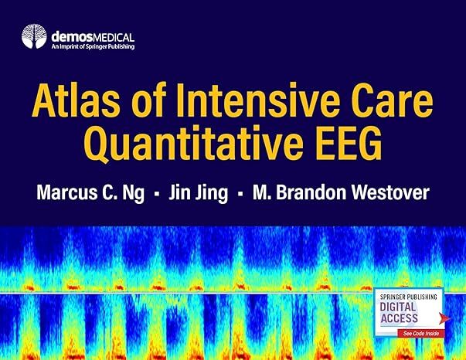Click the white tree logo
coord(34,36)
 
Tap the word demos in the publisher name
coord(72,37)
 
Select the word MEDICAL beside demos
coord(114,38)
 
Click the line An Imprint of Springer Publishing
coord(93,46)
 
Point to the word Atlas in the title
coord(76,100)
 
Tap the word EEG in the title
coord(349,143)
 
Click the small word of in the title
coord(148,100)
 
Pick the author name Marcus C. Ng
coord(90,192)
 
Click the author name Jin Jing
coord(199,192)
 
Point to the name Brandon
coord(311,192)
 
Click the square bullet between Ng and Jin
coord(157,194)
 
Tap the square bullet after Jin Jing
coord(240,194)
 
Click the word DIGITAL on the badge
coord(398,307)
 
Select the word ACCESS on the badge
coord(399,318)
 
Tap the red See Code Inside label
coord(421,333)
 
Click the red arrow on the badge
coord(445,318)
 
